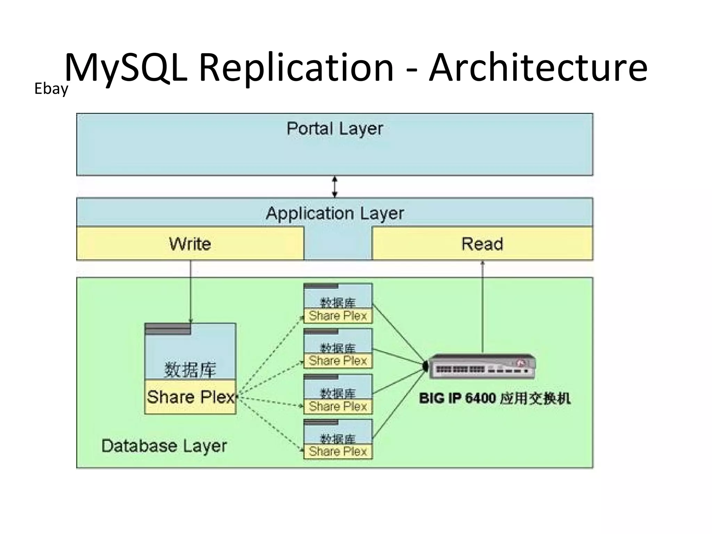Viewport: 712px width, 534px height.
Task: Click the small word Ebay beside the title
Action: coord(51,89)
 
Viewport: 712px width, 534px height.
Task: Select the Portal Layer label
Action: coord(334,129)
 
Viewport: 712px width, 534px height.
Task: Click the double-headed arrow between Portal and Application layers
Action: coord(334,187)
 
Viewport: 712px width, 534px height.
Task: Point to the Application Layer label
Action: coord(334,213)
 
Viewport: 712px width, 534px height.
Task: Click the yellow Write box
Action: coord(190,244)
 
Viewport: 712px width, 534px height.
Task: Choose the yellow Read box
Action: coord(482,244)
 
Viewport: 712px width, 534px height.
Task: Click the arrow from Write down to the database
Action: coord(191,292)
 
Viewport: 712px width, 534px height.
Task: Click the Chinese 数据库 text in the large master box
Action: coord(190,369)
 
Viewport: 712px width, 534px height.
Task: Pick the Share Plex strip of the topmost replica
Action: coord(338,316)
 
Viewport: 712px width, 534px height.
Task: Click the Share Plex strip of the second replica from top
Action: coord(338,361)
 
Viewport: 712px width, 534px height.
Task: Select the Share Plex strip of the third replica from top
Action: coord(338,406)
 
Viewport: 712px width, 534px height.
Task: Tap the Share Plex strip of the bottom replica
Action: coord(338,452)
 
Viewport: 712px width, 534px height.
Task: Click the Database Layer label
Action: coord(164,446)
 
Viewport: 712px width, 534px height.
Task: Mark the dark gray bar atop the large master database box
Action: coord(168,329)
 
